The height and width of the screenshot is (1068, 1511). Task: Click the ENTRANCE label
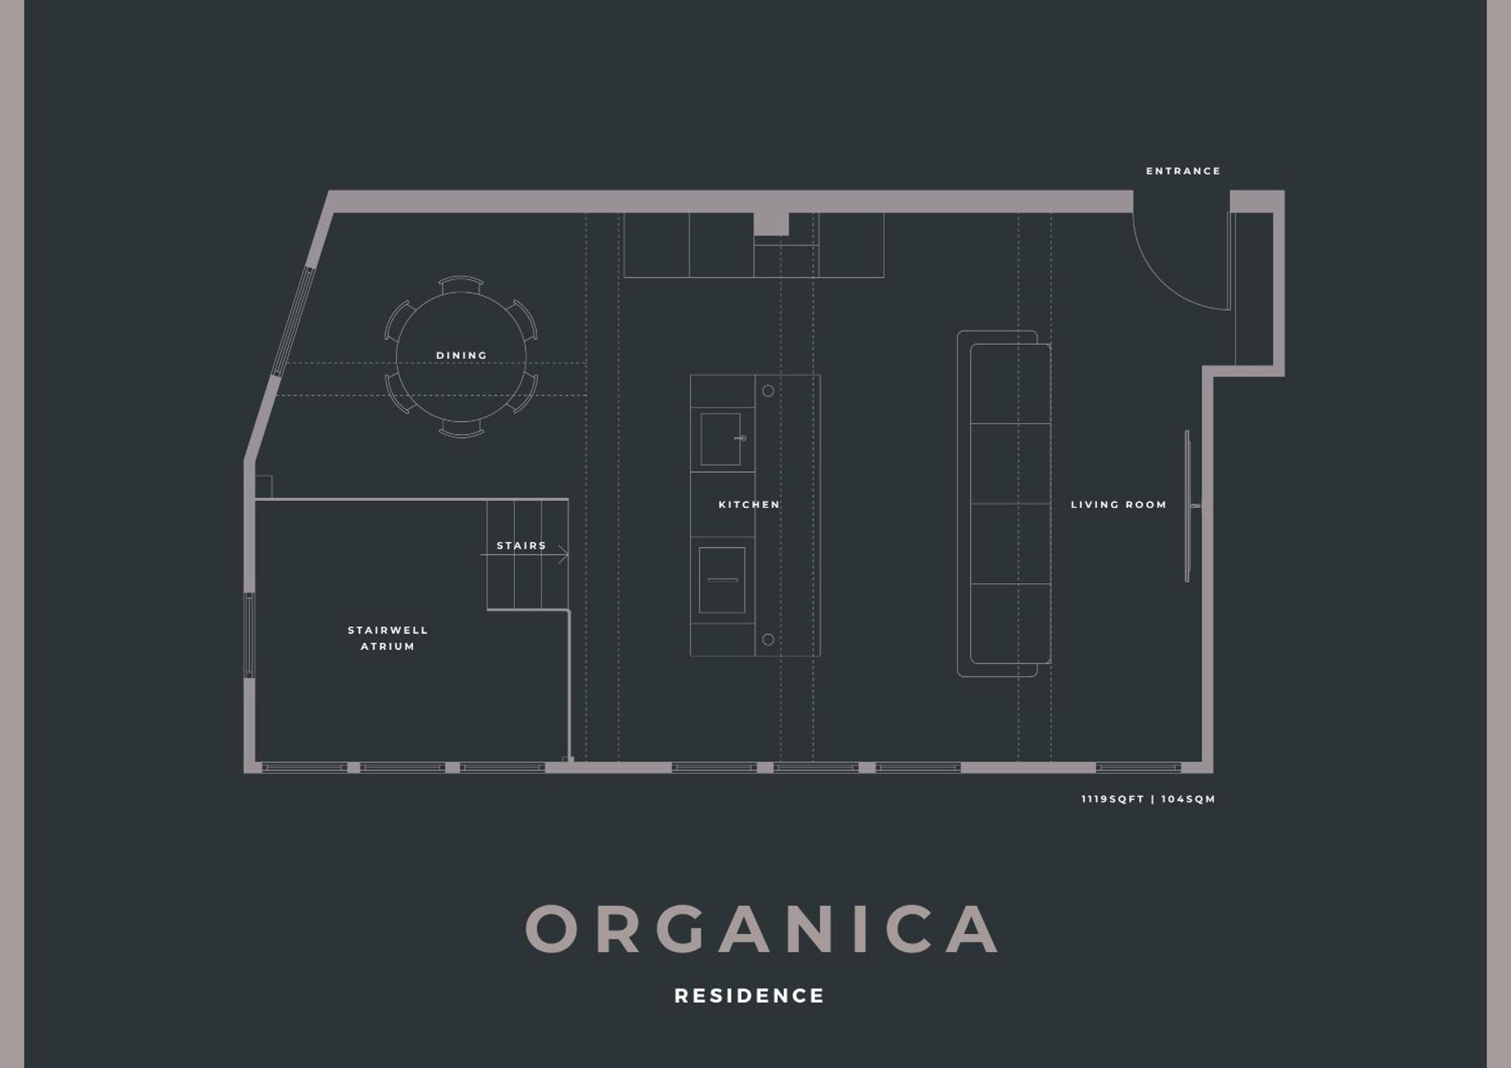[x=1183, y=171]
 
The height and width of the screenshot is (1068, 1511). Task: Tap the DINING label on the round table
[x=461, y=355]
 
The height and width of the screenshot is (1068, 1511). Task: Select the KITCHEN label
[x=749, y=505]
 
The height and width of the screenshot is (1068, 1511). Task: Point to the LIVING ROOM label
[x=1118, y=505]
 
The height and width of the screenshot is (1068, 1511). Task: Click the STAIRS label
[x=521, y=546]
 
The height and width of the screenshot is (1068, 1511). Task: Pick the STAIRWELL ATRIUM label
[x=388, y=638]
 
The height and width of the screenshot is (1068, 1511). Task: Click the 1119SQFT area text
[x=1112, y=799]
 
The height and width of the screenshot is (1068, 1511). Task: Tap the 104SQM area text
[x=1188, y=799]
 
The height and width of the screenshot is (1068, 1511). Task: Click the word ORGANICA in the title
[x=762, y=928]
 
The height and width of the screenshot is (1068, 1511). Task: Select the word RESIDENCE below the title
[x=749, y=995]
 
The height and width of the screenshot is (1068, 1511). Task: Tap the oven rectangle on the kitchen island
[x=722, y=580]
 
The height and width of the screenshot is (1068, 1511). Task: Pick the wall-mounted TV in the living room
[x=1188, y=506]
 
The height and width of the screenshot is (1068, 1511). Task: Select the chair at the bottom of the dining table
[x=461, y=429]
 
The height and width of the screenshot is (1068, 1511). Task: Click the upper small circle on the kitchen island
[x=768, y=391]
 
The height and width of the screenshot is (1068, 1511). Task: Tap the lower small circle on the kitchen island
[x=768, y=639]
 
